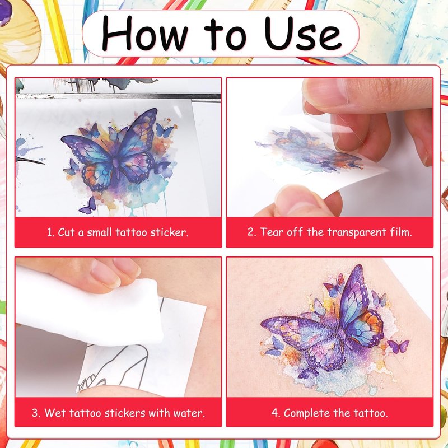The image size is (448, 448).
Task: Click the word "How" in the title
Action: [144, 34]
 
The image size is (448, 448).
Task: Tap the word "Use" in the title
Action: [303, 33]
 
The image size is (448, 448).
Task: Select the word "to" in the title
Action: [225, 35]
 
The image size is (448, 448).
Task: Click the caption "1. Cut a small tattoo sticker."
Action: [118, 232]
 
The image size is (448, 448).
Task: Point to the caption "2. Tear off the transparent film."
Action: [330, 232]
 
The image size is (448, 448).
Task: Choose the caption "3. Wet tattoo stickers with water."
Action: [118, 413]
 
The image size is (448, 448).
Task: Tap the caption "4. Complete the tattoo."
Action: [329, 413]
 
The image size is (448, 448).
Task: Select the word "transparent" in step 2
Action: [357, 232]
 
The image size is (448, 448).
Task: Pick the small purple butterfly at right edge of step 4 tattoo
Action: [399, 346]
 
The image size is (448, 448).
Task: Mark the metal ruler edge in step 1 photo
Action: [118, 96]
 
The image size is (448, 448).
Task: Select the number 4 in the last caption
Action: [274, 413]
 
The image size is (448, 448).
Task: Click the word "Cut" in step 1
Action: [66, 232]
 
